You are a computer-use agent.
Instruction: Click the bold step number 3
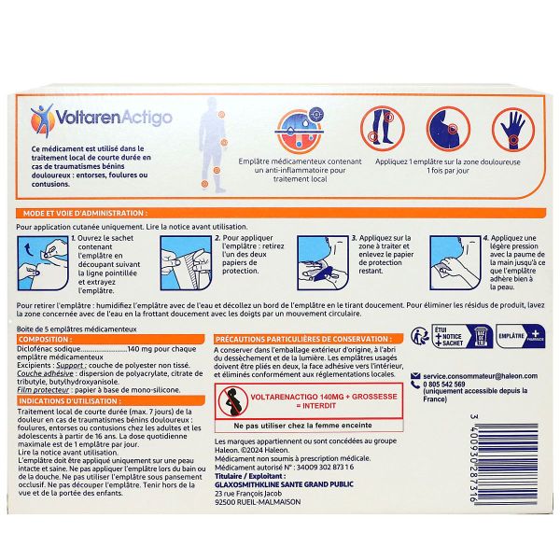click(x=354, y=238)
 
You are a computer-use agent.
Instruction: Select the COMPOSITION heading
click(x=46, y=339)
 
